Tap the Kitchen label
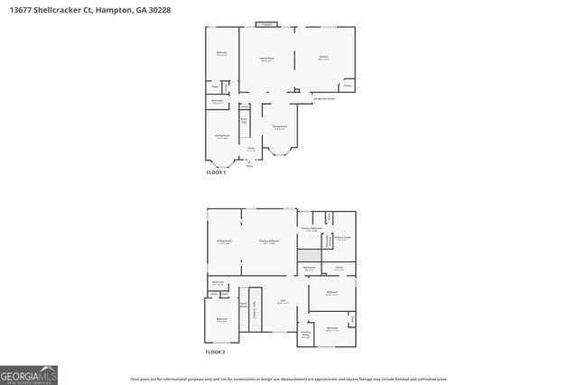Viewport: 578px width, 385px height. (x=323, y=58)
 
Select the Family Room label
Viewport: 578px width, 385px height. (x=267, y=59)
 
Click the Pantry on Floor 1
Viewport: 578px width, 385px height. (x=347, y=86)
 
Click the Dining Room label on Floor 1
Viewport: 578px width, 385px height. (x=280, y=128)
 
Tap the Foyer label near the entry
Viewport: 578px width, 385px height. (x=251, y=149)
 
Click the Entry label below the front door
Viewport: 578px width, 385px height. (x=250, y=166)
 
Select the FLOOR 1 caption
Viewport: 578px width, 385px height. (x=217, y=171)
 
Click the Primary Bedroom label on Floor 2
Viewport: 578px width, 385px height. (x=269, y=241)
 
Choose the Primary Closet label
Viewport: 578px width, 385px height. (x=343, y=239)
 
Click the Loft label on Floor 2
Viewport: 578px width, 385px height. (x=283, y=302)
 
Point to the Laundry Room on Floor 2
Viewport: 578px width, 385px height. (x=305, y=335)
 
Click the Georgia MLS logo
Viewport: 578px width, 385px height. (x=28, y=371)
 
